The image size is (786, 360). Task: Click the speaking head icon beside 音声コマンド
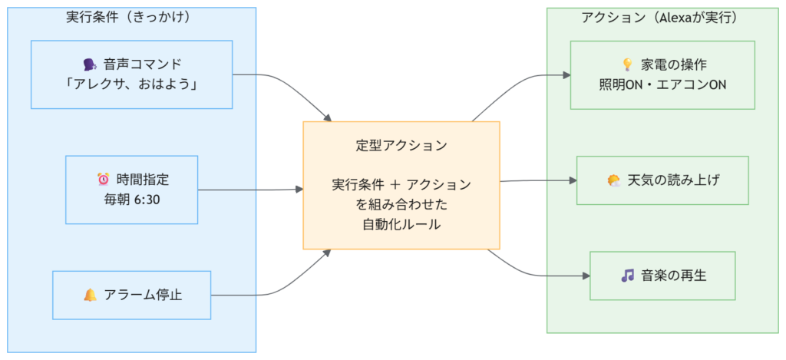click(x=87, y=64)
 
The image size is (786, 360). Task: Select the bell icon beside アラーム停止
click(x=90, y=295)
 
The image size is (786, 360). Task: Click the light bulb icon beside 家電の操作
click(x=626, y=64)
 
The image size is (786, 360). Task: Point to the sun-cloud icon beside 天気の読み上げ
click(x=614, y=180)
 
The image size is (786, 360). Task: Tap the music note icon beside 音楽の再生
click(x=627, y=276)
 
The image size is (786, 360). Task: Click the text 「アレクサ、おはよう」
click(x=131, y=84)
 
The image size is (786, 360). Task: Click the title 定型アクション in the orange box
click(x=401, y=144)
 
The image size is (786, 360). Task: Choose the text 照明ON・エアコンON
click(x=662, y=84)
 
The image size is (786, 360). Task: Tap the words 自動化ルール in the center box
click(x=401, y=224)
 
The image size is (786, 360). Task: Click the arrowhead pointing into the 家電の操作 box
click(x=566, y=75)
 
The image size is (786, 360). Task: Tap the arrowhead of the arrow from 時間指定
click(x=299, y=189)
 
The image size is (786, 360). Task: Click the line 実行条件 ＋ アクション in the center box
click(x=401, y=184)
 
